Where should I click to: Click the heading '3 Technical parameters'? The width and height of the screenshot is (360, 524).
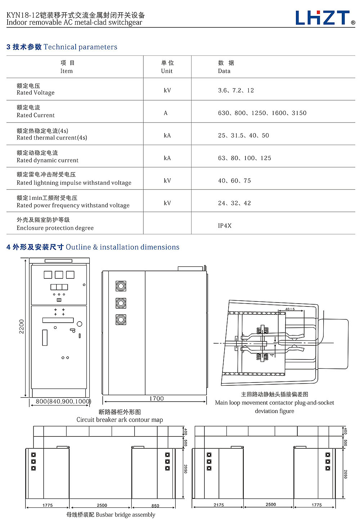[x=62, y=47]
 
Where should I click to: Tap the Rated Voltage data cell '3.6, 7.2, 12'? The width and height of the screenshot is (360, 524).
[x=236, y=90]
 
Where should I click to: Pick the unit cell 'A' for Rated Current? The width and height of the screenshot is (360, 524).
[x=166, y=113]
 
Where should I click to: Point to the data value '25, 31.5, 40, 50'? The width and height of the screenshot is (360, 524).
[x=243, y=135]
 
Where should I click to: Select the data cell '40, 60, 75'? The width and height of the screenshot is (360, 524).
[x=234, y=180]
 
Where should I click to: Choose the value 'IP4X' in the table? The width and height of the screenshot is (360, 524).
[x=225, y=226]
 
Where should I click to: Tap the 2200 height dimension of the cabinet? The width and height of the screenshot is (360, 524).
[x=22, y=326]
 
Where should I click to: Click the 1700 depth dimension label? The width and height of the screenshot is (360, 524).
[x=156, y=398]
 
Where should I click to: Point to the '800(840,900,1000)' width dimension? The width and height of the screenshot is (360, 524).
[x=63, y=401]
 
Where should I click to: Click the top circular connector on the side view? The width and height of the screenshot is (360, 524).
[x=121, y=286]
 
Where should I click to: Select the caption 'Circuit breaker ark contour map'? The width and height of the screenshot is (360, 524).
[x=120, y=420]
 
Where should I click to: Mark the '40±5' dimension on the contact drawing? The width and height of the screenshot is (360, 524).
[x=290, y=309]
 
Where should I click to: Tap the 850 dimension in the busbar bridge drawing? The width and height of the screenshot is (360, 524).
[x=155, y=506]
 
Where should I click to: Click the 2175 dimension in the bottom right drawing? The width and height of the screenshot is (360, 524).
[x=219, y=505]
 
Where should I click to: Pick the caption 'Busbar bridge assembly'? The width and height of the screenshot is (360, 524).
[x=111, y=515]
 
